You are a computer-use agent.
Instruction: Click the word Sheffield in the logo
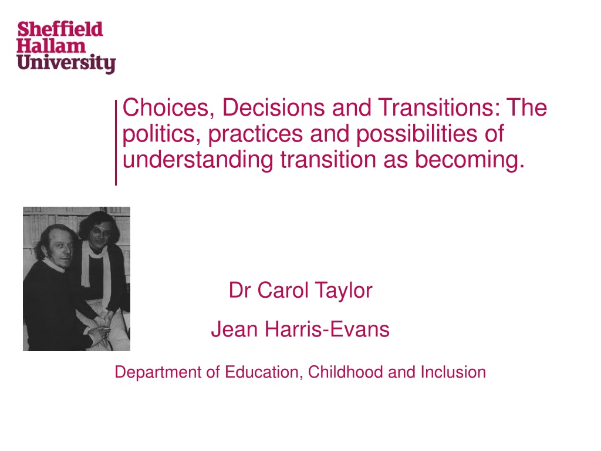click(x=60, y=29)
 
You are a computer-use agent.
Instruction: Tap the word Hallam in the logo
click(x=51, y=46)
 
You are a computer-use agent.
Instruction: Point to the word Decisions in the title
click(x=274, y=107)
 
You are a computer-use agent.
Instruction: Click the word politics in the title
click(x=161, y=134)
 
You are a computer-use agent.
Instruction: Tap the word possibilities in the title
click(x=417, y=134)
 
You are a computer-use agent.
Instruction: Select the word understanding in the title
click(x=198, y=160)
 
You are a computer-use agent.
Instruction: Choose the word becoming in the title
click(x=470, y=160)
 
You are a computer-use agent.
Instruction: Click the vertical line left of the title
click(x=116, y=143)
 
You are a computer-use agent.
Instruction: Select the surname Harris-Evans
click(x=327, y=329)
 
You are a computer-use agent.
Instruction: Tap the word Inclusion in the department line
click(x=453, y=372)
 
